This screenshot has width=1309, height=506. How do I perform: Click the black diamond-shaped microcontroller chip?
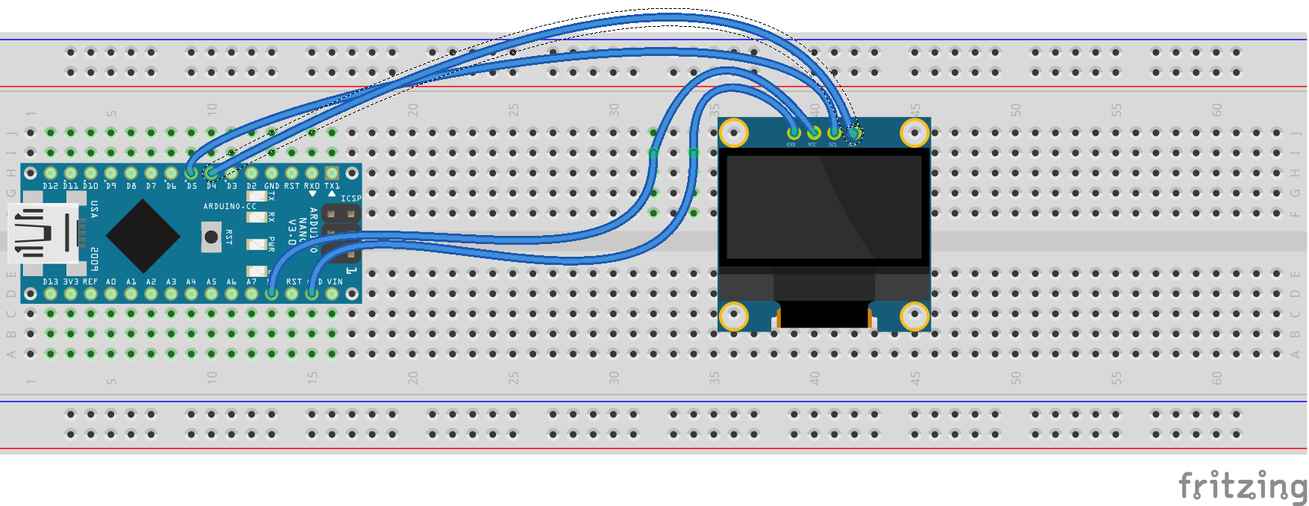pyautogui.click(x=143, y=235)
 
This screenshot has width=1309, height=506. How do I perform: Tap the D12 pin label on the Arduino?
pyautogui.click(x=50, y=186)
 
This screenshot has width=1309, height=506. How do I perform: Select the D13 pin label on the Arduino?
pyautogui.click(x=50, y=281)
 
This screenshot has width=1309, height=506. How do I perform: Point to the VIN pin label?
pyautogui.click(x=335, y=281)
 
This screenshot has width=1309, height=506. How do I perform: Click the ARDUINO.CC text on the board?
pyautogui.click(x=230, y=206)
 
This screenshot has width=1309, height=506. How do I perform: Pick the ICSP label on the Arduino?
pyautogui.click(x=351, y=199)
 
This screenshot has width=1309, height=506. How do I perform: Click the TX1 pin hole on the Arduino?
pyautogui.click(x=332, y=173)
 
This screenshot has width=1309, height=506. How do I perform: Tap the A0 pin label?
pyautogui.click(x=110, y=281)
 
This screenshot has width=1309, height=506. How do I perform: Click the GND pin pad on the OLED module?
pyautogui.click(x=793, y=133)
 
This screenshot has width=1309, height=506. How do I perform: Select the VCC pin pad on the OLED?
pyautogui.click(x=813, y=133)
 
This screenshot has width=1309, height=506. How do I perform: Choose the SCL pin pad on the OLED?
pyautogui.click(x=833, y=133)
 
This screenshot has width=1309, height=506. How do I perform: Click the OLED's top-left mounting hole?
pyautogui.click(x=734, y=133)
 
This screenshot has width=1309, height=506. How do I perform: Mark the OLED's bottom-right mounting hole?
pyautogui.click(x=914, y=316)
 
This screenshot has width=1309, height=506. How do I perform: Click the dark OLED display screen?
pyautogui.click(x=823, y=207)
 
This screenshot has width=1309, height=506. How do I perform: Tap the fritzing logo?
pyautogui.click(x=1242, y=486)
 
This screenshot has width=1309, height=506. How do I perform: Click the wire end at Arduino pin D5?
pyautogui.click(x=192, y=173)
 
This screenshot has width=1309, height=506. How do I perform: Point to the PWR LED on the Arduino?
pyautogui.click(x=257, y=244)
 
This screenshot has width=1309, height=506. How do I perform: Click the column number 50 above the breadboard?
pyautogui.click(x=1016, y=110)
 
